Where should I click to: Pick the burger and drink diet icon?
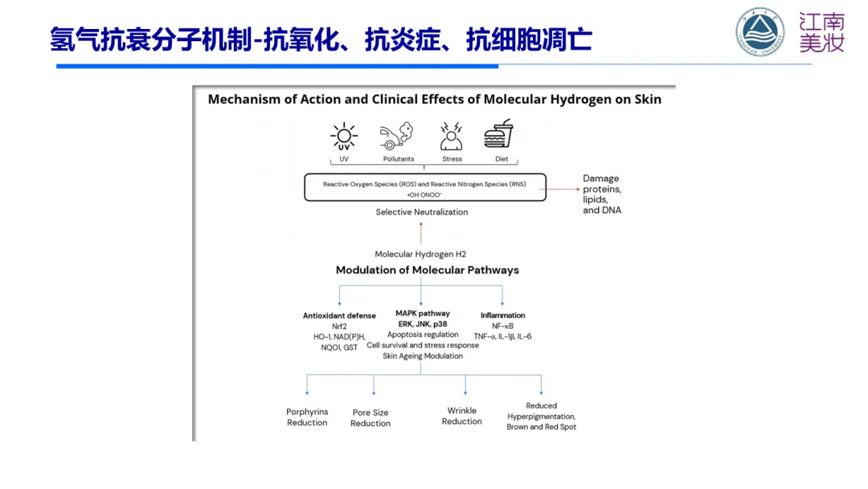coord(501,135)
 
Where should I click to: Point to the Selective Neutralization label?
coord(421,212)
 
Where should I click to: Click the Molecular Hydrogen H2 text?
coord(420,254)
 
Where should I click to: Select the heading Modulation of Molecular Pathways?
coord(427,270)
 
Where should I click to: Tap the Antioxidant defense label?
coord(339,315)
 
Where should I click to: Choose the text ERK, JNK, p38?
coord(423,324)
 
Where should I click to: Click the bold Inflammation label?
coord(502,315)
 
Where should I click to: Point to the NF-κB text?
coord(502,326)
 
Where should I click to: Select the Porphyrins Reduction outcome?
coord(307,417)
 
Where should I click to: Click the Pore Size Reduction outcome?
coord(371,418)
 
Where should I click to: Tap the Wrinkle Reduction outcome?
coord(462,416)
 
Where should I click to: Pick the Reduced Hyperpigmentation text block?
coord(541,417)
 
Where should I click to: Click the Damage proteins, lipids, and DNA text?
coord(602,194)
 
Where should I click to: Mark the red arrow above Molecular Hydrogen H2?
coord(420,233)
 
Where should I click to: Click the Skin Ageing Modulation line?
coord(423,355)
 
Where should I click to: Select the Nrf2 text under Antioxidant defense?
coord(339,326)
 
